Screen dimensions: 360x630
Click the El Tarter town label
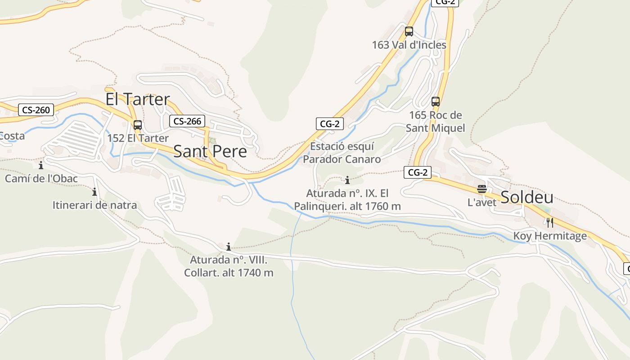pyautogui.click(x=138, y=99)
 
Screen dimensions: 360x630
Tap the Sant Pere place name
pyautogui.click(x=210, y=151)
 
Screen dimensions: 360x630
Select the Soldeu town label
pyautogui.click(x=527, y=197)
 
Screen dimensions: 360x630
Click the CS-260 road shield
pyautogui.click(x=36, y=110)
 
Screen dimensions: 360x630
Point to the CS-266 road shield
pyautogui.click(x=187, y=121)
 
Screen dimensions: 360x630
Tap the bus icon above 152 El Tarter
pyautogui.click(x=138, y=125)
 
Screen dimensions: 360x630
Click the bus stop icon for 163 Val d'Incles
pyautogui.click(x=409, y=31)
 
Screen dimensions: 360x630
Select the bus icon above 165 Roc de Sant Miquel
pyautogui.click(x=436, y=101)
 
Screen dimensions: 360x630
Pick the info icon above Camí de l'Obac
pyautogui.click(x=41, y=165)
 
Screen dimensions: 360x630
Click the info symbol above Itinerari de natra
pyautogui.click(x=94, y=192)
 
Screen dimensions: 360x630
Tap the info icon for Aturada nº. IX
pyautogui.click(x=347, y=180)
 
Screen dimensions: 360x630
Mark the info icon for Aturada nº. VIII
pyautogui.click(x=229, y=247)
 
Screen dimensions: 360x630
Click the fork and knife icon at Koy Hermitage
pyautogui.click(x=549, y=222)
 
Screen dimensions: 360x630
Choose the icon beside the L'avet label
pyautogui.click(x=482, y=189)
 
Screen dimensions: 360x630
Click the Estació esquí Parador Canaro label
pyautogui.click(x=342, y=153)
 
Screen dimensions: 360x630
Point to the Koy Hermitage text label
pyautogui.click(x=550, y=236)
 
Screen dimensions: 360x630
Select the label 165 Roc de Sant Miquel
pyautogui.click(x=436, y=121)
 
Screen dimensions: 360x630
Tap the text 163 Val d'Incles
pyautogui.click(x=409, y=45)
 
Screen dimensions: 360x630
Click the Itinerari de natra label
pyautogui.click(x=94, y=206)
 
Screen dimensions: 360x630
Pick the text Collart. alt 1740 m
pyautogui.click(x=229, y=273)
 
